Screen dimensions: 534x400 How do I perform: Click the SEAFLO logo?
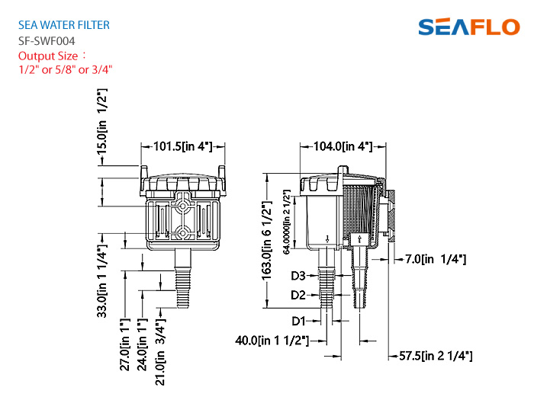pos(469,27)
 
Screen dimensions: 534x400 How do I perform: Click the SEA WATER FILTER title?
pos(64,25)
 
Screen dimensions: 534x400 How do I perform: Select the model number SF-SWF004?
pos(47,41)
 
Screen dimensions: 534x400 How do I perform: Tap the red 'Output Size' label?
pos(48,56)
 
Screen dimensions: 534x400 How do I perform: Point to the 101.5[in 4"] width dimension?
pos(183,146)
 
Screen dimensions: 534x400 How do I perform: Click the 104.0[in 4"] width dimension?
pos(343,146)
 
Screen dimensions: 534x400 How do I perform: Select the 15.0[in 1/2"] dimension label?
pos(102,121)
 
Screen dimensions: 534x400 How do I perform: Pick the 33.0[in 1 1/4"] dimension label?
pos(102,281)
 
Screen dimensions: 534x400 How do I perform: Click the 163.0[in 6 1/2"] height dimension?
pos(267,241)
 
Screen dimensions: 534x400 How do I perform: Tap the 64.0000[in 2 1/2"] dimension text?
pos(286,222)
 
